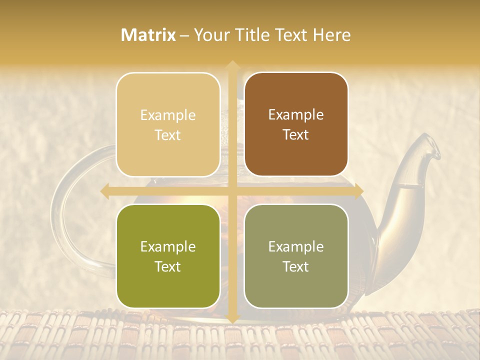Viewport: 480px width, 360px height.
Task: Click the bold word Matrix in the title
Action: pos(148,35)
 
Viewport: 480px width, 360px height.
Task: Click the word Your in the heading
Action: pos(212,35)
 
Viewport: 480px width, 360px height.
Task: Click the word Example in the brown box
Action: pos(296,115)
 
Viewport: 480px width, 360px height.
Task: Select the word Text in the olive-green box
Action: pos(168,266)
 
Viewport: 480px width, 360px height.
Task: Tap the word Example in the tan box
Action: pos(168,115)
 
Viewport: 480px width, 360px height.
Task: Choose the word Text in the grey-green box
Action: pos(296,266)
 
